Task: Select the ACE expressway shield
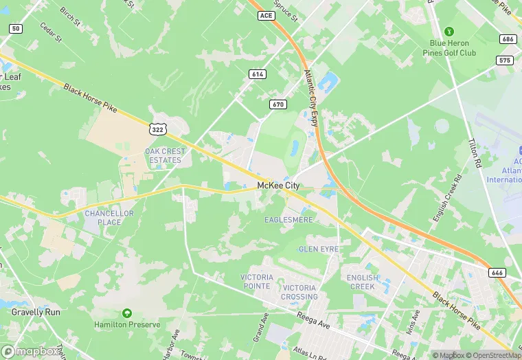coord(267,14)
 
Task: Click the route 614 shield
coord(258,74)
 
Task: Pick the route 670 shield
coord(277,104)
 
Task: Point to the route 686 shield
coord(508,39)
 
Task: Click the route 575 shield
coord(505,60)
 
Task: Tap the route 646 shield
coord(498,273)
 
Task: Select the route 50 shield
coord(16,28)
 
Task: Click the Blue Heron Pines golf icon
coord(449,32)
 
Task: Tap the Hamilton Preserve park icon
coord(126,313)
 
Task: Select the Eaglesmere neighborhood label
coord(288,220)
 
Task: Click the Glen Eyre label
coord(318,249)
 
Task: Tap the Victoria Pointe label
coord(257,281)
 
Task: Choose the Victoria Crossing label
coord(300,292)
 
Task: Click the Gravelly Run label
coord(36,312)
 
